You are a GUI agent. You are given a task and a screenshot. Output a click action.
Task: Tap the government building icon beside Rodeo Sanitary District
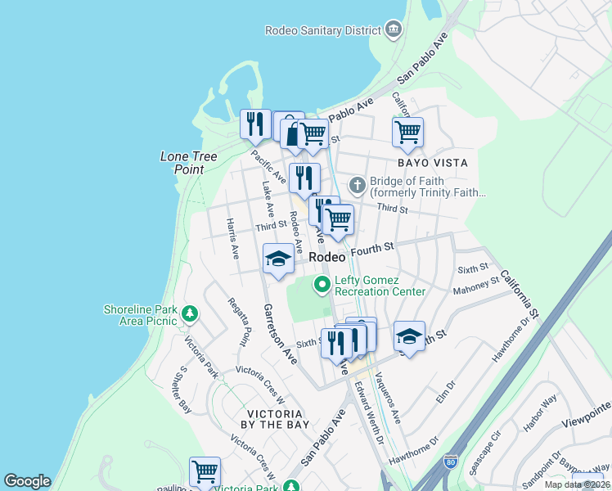394,30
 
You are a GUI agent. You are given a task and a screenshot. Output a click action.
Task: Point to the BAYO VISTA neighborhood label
433,163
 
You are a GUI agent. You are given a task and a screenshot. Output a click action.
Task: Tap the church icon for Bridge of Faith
356,183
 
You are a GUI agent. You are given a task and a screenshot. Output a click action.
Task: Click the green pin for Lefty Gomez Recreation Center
322,285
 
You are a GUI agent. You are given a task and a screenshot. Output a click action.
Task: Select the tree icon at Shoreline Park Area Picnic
190,313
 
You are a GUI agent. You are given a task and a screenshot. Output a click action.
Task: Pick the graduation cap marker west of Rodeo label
278,259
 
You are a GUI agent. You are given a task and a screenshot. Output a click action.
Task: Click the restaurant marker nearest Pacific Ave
255,124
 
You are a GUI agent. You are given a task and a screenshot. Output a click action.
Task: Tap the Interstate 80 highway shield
452,463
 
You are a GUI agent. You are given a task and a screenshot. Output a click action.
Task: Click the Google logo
27,481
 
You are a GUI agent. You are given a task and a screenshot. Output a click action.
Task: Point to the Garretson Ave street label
279,333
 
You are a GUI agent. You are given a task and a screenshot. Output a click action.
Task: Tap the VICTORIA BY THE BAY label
276,419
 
